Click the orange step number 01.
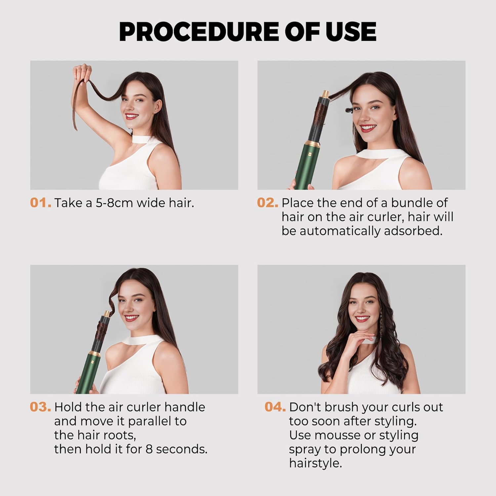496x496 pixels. (x=40, y=203)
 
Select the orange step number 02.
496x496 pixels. (x=268, y=203)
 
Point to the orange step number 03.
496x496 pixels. (x=40, y=407)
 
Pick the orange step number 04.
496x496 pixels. (x=275, y=407)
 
